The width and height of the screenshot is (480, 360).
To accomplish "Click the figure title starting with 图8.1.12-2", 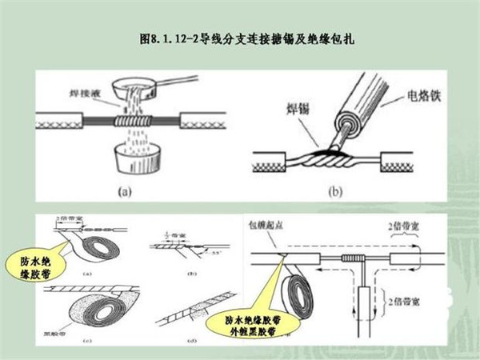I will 240,38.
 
